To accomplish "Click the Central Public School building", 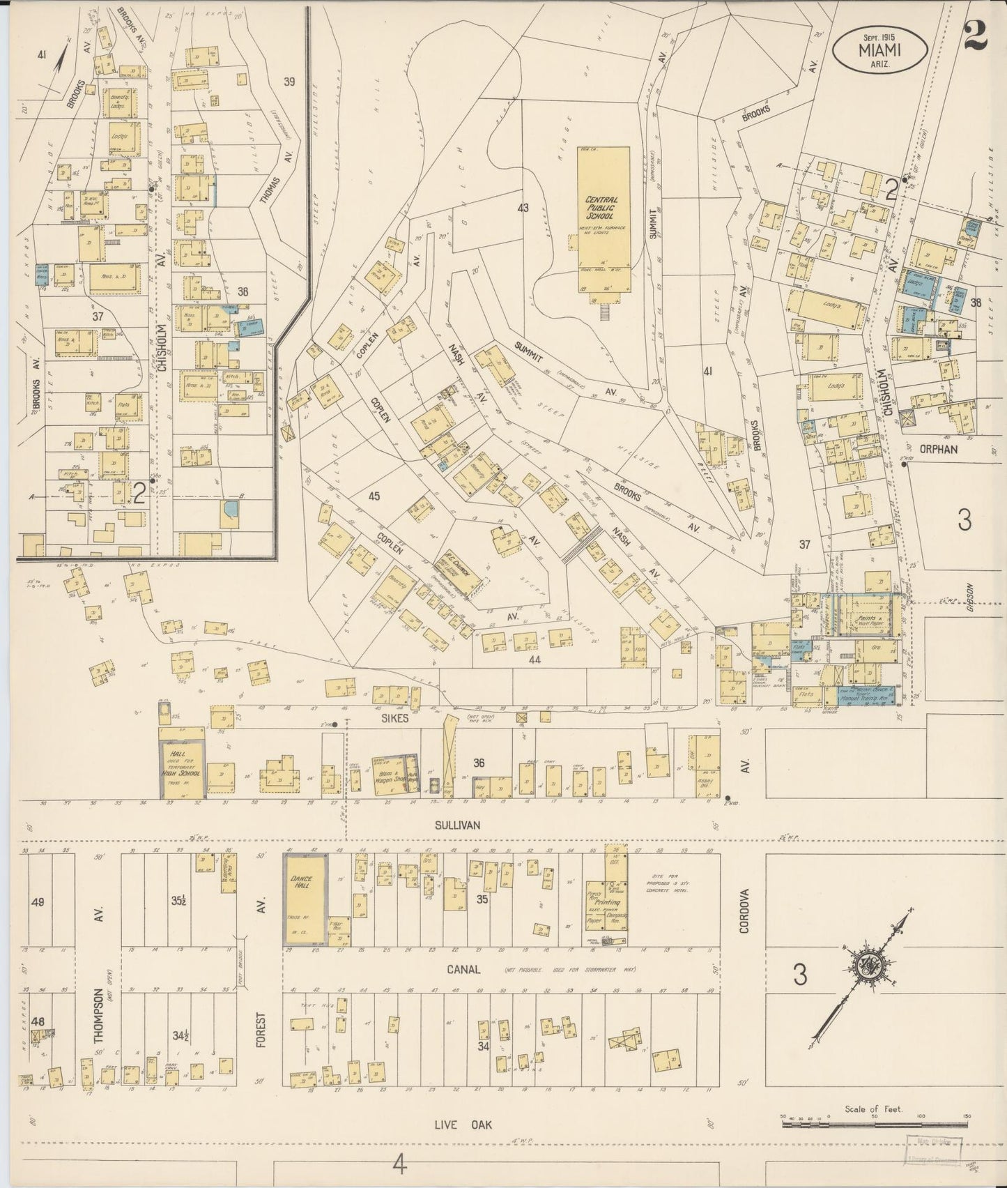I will click(x=603, y=220).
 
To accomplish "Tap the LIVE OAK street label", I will click(x=459, y=1124).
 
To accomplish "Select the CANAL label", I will click(x=463, y=970).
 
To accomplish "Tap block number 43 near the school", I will click(x=523, y=208).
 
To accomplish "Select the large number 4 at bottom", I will click(x=399, y=1164).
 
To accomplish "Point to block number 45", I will click(x=374, y=496).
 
